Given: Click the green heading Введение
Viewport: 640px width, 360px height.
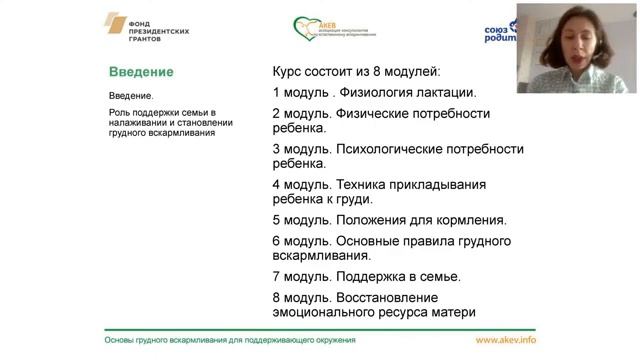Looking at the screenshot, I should coord(141,72).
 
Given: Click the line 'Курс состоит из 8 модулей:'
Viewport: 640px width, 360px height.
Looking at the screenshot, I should coord(356,72).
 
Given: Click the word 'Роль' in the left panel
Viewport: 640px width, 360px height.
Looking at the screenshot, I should coord(120,113).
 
